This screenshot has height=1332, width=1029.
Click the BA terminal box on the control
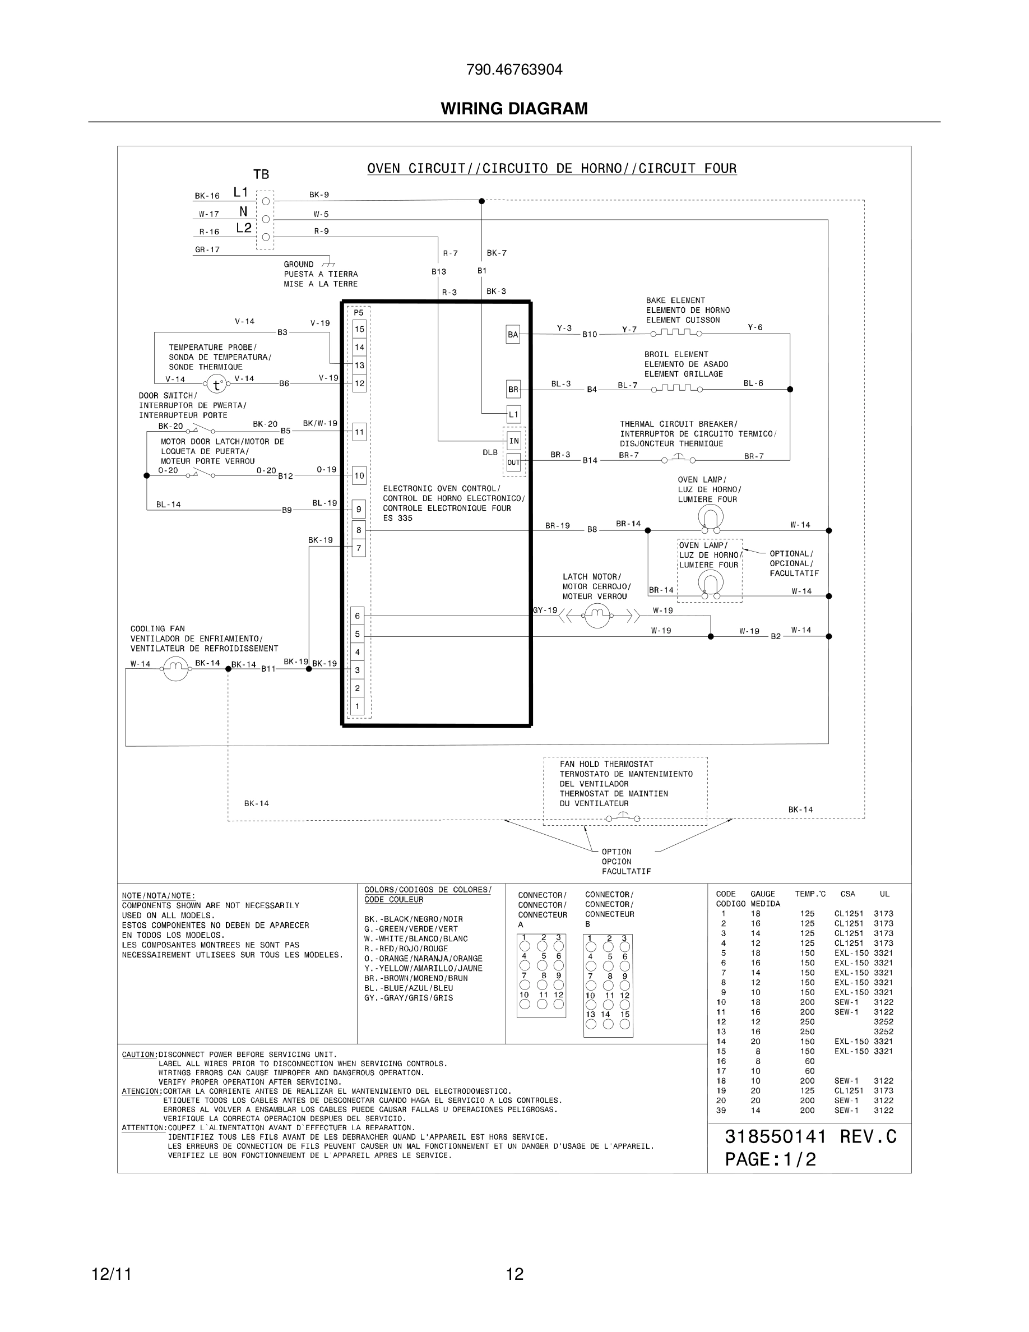pos(513,334)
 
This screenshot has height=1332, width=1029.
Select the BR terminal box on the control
pos(513,389)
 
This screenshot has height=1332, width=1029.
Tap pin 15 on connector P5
pos(359,329)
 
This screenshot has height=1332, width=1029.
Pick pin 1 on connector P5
pos(358,706)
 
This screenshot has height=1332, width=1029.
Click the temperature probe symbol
pos(216,384)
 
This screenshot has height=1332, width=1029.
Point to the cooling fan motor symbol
pos(175,669)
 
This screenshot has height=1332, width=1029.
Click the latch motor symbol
pos(597,616)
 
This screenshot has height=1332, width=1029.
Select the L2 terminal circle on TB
pos(265,237)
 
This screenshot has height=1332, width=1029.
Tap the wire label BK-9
pos(319,195)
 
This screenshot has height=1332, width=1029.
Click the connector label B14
pos(590,460)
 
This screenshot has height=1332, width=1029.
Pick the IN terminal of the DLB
pos(514,440)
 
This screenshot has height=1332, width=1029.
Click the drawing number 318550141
pos(776,1137)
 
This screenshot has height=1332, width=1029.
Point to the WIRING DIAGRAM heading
pos(514,109)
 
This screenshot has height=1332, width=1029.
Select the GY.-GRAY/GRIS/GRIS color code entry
pos(409,998)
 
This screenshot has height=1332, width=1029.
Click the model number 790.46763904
pos(514,70)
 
